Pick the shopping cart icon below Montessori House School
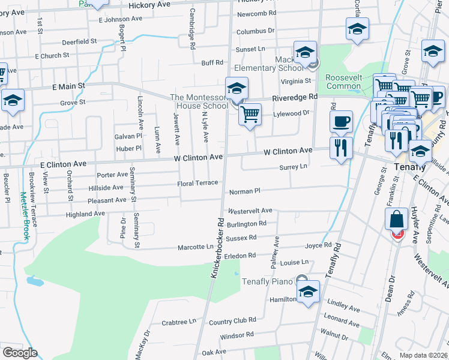tap(250, 113)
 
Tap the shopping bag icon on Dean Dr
tap(397, 220)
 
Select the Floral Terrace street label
tap(197, 183)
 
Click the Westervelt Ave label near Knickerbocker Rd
tap(250, 211)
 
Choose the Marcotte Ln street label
tap(195, 247)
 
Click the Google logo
tap(20, 353)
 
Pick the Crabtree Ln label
tap(179, 322)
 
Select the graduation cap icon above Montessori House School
tap(236, 89)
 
